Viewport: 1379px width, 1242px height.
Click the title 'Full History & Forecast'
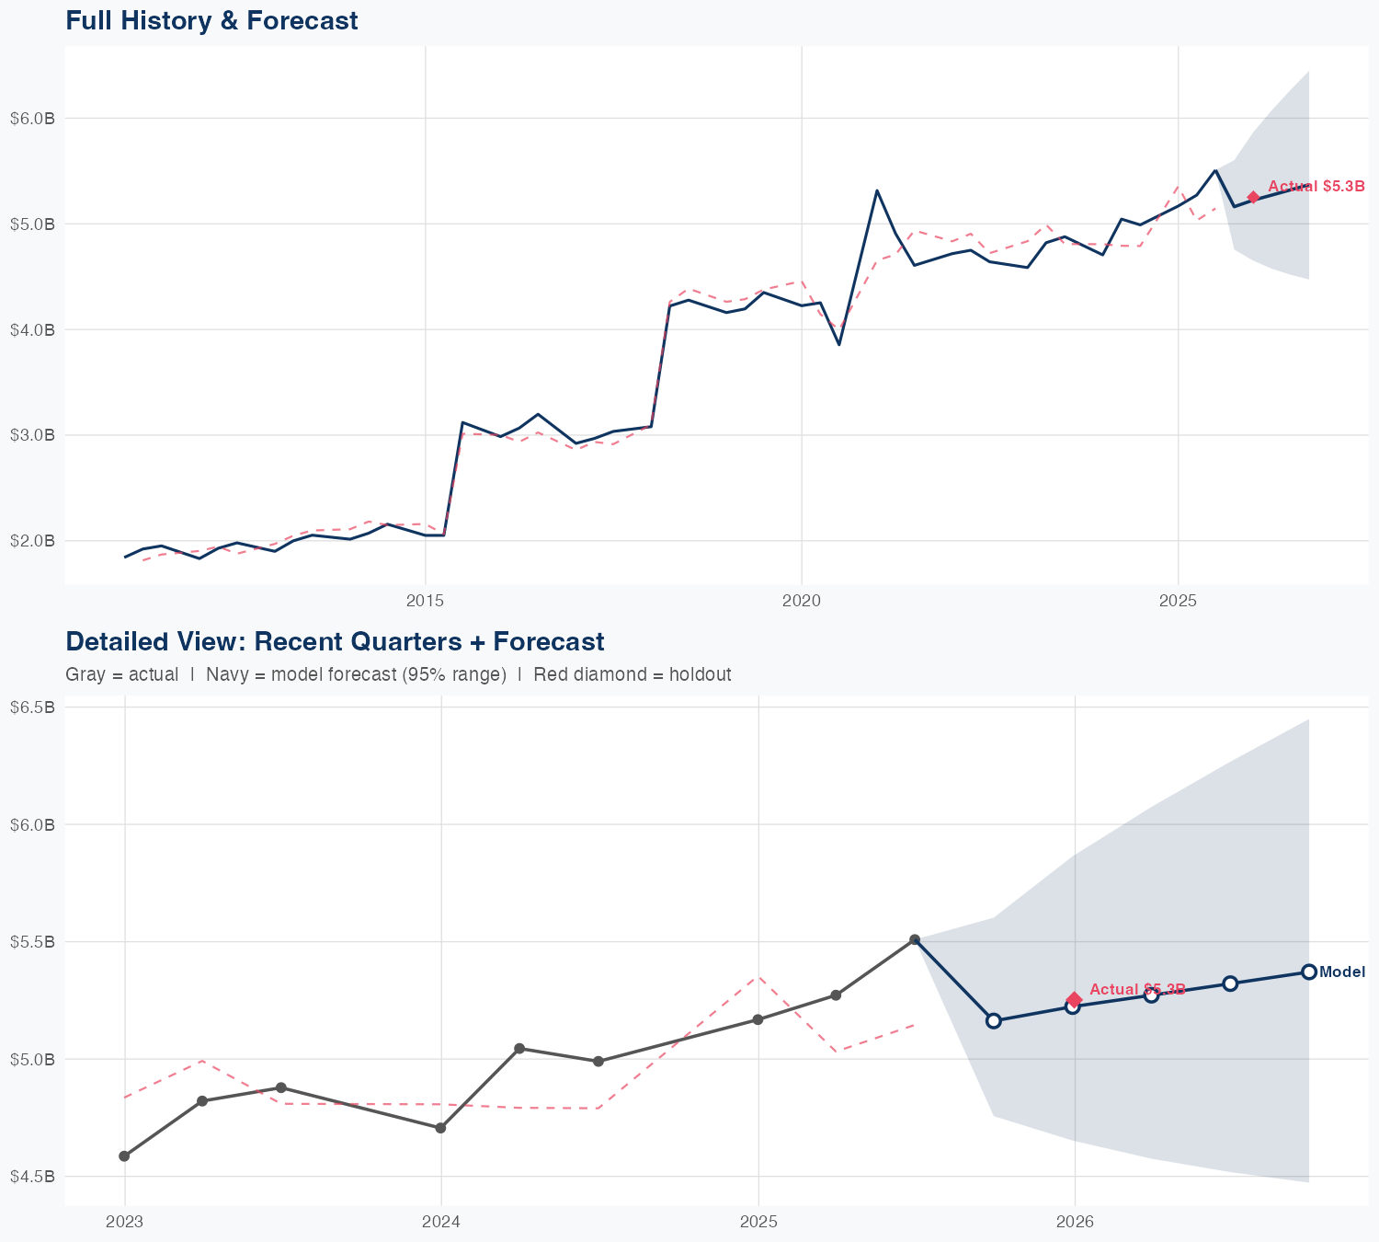(211, 20)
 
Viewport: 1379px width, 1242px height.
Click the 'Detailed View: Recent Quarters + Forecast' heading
(335, 641)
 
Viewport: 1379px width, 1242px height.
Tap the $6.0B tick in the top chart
(32, 119)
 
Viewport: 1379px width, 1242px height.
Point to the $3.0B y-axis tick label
(32, 435)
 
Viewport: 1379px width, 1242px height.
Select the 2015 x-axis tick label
(425, 602)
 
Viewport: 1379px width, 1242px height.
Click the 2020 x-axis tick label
(802, 602)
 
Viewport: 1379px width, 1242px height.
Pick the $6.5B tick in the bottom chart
(32, 707)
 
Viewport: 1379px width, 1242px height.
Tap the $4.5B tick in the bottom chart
(32, 1177)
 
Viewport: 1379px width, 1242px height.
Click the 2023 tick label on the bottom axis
(124, 1223)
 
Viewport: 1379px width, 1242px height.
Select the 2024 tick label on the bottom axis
(441, 1223)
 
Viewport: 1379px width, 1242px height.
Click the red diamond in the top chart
(1253, 197)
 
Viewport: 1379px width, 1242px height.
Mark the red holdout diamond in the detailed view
(1074, 999)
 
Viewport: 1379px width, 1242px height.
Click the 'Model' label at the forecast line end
(1342, 972)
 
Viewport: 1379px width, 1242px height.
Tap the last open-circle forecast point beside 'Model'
(1309, 972)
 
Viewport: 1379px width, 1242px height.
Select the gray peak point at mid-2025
(915, 939)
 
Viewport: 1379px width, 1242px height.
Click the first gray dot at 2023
(124, 1156)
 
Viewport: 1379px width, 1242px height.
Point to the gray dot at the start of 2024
(440, 1128)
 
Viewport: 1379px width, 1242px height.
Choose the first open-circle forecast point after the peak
(993, 1020)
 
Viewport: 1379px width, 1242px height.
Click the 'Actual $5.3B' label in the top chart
(1316, 187)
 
